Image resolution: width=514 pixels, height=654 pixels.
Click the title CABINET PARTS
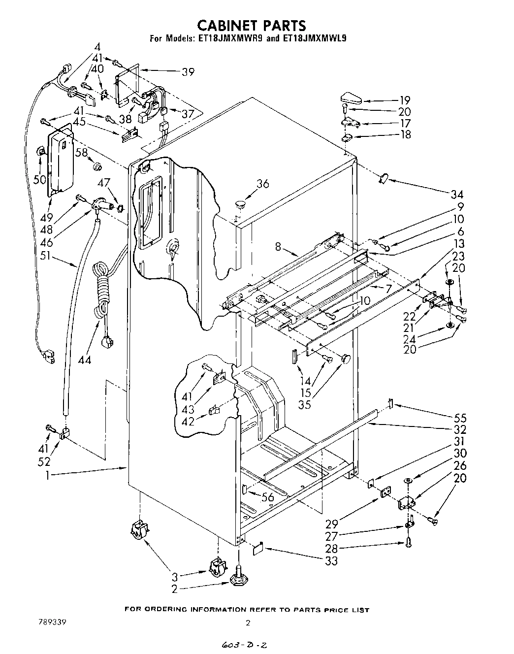[251, 25]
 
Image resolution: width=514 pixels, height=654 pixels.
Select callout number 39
[188, 72]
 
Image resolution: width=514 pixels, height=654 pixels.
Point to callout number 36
[263, 184]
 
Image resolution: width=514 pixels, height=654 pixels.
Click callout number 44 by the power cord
[85, 360]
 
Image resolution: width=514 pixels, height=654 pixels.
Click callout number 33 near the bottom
[332, 560]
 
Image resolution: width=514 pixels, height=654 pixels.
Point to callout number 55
[460, 418]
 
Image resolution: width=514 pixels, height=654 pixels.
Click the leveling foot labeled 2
[238, 580]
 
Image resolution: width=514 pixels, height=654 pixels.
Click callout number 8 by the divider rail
[278, 246]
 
